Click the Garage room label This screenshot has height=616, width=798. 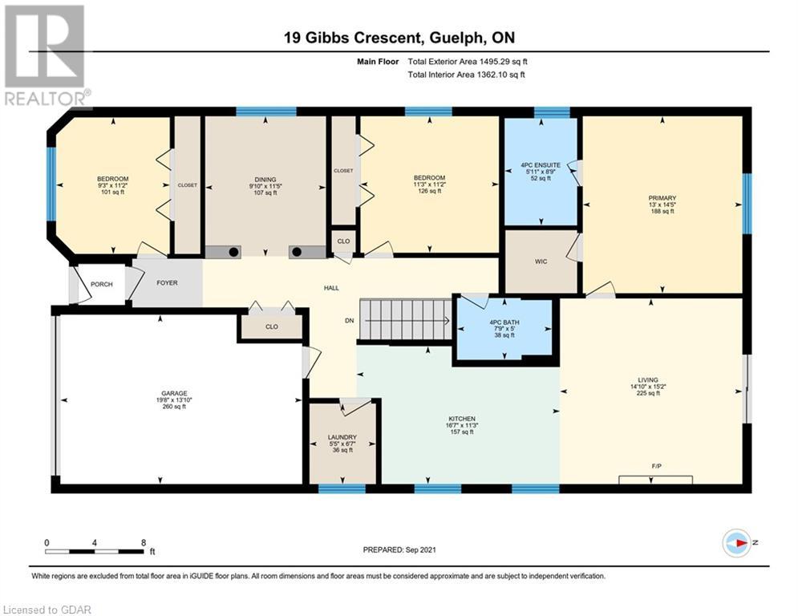click(x=174, y=394)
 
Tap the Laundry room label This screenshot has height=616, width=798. click(x=342, y=437)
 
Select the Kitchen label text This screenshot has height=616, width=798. click(x=462, y=419)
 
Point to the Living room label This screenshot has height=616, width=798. click(x=648, y=379)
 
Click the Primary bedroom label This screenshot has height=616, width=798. click(x=662, y=198)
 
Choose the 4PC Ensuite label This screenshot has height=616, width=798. click(x=541, y=165)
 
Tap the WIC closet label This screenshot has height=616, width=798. click(x=541, y=261)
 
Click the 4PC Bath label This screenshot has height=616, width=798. click(x=504, y=322)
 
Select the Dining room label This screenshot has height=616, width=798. click(x=265, y=180)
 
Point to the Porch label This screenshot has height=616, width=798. click(x=102, y=284)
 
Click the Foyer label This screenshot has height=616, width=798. click(x=167, y=282)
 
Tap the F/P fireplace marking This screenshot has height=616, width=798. click(x=656, y=466)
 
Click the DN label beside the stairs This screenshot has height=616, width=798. click(x=349, y=321)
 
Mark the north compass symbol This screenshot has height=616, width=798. click(x=737, y=543)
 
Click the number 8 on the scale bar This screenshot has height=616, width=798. click(x=144, y=543)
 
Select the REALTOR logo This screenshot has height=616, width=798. click(x=47, y=56)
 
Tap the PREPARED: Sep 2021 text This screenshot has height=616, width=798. click(x=399, y=549)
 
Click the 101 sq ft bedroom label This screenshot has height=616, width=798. click(x=113, y=192)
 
